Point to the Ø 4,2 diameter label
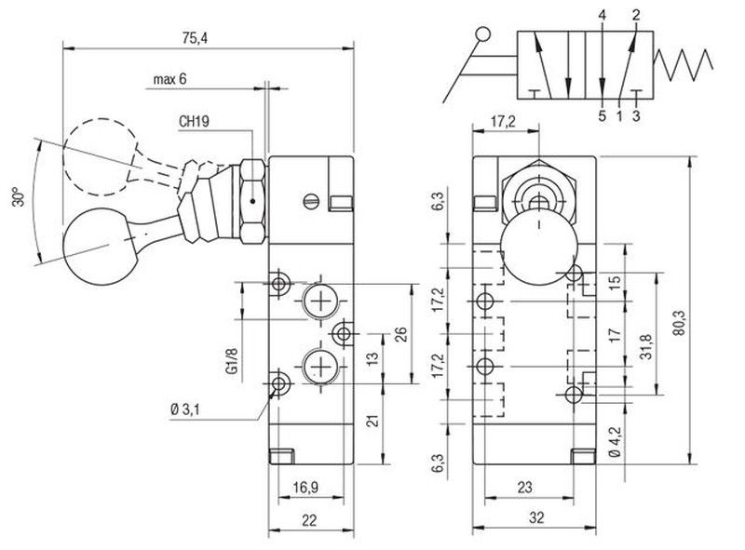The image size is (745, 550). [x=614, y=439]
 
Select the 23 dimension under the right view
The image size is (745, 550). [x=522, y=485]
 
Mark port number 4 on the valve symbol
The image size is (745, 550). [x=603, y=16]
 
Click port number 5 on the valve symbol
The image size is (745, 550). [x=602, y=115]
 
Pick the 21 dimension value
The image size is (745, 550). [x=372, y=421]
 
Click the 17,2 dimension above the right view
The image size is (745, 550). [x=504, y=121]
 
